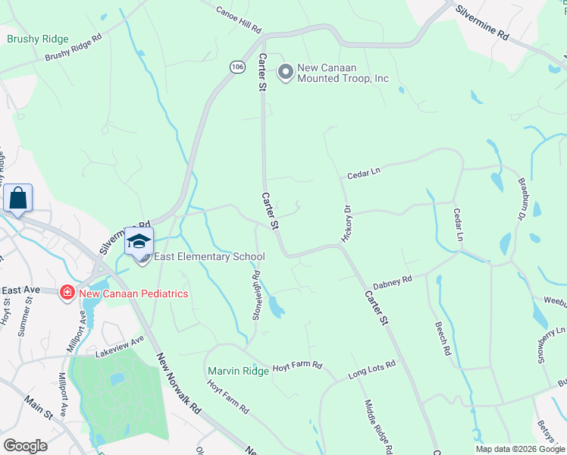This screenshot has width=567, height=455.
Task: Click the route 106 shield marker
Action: (237, 67)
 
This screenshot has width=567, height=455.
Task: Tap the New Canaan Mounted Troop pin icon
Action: (286, 73)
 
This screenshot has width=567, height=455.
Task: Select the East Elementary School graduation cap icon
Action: (139, 242)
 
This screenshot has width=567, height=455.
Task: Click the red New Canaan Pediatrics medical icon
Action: (67, 293)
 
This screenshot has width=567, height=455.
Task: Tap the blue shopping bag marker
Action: (18, 199)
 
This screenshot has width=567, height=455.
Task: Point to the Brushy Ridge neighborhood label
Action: (38, 39)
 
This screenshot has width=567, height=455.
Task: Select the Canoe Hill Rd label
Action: (238, 21)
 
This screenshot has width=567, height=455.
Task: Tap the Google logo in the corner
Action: (25, 445)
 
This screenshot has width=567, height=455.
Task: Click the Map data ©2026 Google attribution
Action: (519, 449)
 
